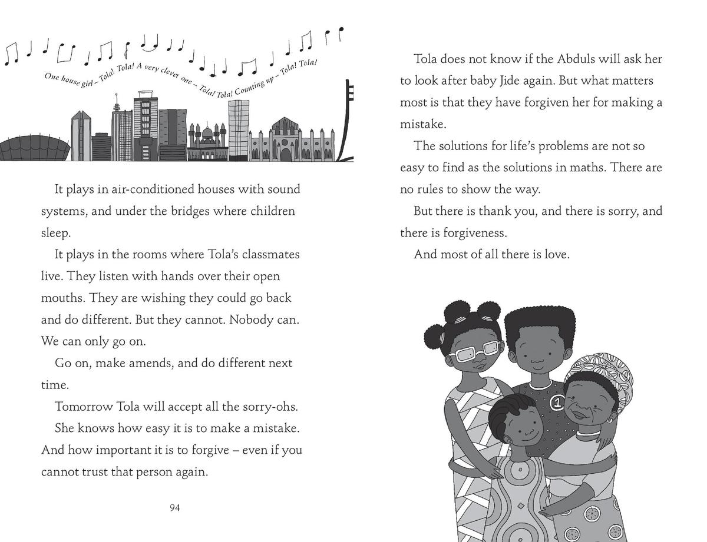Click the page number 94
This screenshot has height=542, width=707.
(x=174, y=508)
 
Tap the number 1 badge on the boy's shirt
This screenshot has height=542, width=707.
(x=556, y=403)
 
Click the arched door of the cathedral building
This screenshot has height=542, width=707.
(x=286, y=154)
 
